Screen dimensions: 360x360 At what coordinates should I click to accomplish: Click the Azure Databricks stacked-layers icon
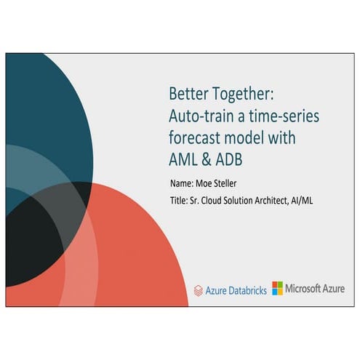pos(198,289)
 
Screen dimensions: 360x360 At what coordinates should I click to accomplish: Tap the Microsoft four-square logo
pos(278,288)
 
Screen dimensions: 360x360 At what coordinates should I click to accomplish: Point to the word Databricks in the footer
pos(247,289)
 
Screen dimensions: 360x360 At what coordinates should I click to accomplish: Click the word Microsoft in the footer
pos(306,288)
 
